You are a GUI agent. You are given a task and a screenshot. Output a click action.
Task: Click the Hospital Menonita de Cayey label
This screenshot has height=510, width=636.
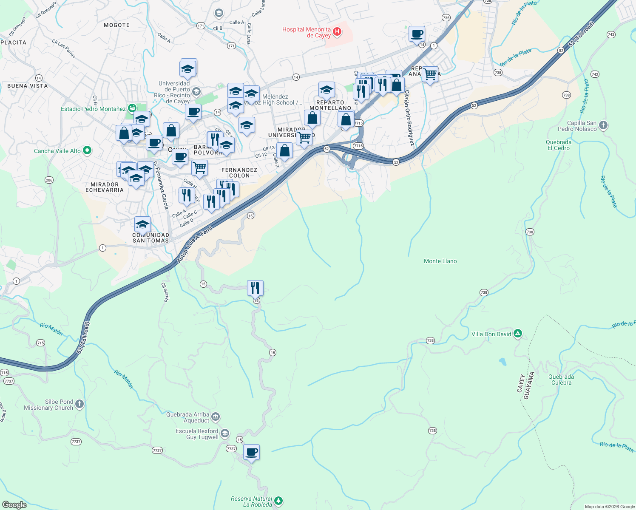(x=307, y=32)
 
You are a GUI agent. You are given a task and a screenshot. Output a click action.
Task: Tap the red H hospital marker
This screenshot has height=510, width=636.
(x=337, y=31)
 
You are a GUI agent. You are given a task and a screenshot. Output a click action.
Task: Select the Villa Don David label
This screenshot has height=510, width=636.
(x=491, y=334)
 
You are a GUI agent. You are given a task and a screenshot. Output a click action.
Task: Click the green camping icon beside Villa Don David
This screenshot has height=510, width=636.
(x=518, y=334)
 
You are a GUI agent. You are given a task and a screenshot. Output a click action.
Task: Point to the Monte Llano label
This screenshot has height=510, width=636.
(x=440, y=261)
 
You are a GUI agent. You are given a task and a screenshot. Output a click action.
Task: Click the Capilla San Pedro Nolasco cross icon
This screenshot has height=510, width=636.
(x=603, y=125)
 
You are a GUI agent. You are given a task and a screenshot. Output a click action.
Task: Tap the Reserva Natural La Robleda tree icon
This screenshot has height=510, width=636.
(x=278, y=501)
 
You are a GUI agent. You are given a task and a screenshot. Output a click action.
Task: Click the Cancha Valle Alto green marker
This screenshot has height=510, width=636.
(x=87, y=150)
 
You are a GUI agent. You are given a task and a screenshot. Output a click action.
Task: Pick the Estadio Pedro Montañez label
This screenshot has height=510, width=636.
(x=93, y=109)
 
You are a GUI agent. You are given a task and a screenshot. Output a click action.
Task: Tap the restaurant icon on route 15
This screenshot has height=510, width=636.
(x=255, y=288)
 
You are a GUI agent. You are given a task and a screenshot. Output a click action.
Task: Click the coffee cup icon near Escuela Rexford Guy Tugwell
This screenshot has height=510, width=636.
(x=252, y=452)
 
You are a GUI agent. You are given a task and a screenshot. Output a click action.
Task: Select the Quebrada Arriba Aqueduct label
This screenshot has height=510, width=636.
(x=187, y=417)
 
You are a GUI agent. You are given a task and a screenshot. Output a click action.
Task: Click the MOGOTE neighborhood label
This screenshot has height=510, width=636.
(x=116, y=25)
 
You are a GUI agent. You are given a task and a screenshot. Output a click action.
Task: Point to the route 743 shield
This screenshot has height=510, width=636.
(x=611, y=34)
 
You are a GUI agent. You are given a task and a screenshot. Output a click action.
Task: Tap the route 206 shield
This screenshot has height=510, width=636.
(x=49, y=180)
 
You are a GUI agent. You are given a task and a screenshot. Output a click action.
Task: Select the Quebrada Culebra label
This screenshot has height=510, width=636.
(x=561, y=380)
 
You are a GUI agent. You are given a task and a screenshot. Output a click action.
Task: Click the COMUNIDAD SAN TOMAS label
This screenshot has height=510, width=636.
(x=150, y=238)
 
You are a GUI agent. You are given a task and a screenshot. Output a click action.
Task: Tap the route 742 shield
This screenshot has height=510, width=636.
(x=595, y=74)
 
